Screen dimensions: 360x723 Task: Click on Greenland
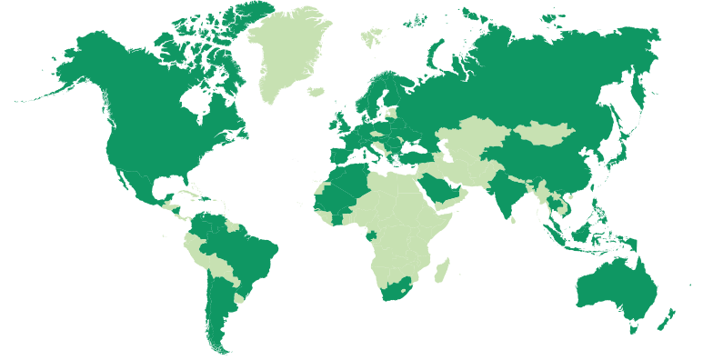coord(286,50)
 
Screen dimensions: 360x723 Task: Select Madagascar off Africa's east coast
coord(442,270)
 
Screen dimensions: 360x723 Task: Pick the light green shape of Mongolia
coord(546,135)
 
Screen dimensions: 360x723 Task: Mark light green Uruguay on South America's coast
coord(239,297)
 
